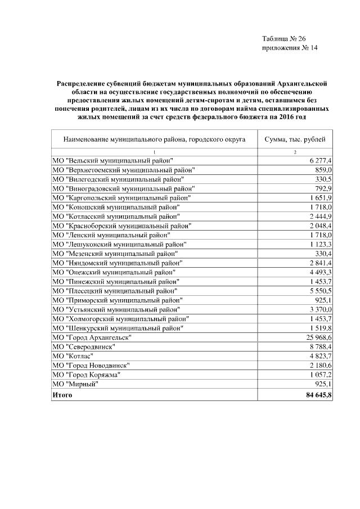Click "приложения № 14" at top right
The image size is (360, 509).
[x=290, y=48]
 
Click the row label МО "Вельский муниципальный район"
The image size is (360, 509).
[x=112, y=161]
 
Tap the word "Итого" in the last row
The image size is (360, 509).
[x=62, y=395]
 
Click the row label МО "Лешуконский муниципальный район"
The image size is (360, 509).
[x=119, y=244]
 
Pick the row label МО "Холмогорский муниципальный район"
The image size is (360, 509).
[x=120, y=318]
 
